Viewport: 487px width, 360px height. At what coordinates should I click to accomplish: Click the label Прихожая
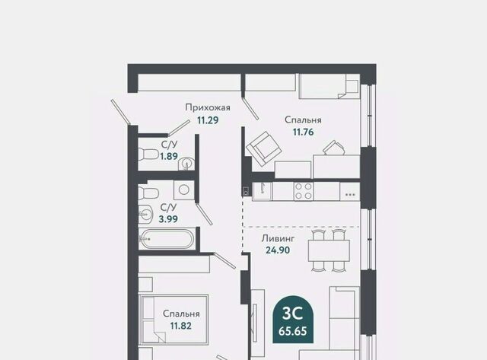(208, 107)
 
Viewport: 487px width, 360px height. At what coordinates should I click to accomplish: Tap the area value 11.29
(208, 120)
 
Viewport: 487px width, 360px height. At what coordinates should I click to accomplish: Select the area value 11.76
(303, 132)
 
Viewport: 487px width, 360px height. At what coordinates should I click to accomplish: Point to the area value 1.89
(169, 156)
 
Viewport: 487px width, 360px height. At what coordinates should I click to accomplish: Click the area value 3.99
(168, 219)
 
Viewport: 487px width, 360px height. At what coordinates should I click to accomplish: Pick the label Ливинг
(278, 238)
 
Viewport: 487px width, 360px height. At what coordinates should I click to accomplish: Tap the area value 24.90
(278, 250)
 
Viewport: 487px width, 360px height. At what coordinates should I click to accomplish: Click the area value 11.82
(181, 326)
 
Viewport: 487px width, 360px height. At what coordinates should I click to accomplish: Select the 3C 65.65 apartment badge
(293, 320)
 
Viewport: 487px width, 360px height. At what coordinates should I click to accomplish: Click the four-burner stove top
(304, 191)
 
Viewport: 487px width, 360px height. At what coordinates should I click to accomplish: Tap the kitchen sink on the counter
(262, 191)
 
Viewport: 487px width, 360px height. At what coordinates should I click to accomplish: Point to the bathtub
(167, 239)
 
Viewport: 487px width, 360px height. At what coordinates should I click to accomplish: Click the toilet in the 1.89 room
(148, 154)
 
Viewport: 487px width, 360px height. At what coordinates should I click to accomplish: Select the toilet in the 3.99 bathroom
(148, 193)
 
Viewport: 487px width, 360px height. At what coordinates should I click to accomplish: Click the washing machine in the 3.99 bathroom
(184, 190)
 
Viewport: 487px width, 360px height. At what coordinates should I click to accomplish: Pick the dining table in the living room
(329, 250)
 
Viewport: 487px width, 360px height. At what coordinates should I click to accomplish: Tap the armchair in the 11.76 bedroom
(264, 149)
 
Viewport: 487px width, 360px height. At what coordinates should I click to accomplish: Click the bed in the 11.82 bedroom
(173, 319)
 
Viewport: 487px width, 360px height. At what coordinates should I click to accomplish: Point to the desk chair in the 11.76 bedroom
(334, 148)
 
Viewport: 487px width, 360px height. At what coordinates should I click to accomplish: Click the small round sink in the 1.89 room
(186, 164)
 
